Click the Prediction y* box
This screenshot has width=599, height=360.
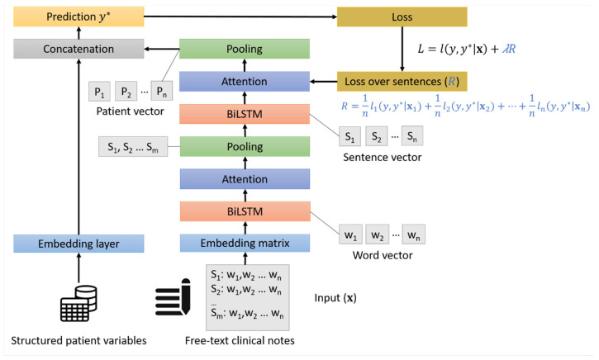[x=78, y=17]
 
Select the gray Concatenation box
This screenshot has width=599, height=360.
[x=78, y=49]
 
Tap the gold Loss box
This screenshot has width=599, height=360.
[x=402, y=17]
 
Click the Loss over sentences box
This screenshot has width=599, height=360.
[x=402, y=81]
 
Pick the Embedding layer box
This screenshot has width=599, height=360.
[x=78, y=244]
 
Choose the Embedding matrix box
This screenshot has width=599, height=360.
[x=245, y=244]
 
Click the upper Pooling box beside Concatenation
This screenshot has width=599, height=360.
[x=245, y=49]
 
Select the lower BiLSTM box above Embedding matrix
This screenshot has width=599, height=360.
[x=245, y=211]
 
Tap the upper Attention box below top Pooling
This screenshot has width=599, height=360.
[x=245, y=81]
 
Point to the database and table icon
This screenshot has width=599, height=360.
[x=78, y=303]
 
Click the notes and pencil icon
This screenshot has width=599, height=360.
[x=173, y=297]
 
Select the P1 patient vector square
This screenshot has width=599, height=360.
[x=99, y=92]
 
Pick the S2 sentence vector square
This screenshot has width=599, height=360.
[x=376, y=136]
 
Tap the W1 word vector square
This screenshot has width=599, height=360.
[x=350, y=234]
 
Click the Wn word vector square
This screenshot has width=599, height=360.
[x=413, y=234]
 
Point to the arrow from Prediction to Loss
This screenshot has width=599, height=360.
[x=240, y=17]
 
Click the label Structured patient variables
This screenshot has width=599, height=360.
[x=78, y=340]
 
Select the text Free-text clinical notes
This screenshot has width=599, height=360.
[x=240, y=340]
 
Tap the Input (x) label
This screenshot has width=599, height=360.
[x=335, y=298]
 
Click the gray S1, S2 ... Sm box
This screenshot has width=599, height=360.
[x=133, y=147]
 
